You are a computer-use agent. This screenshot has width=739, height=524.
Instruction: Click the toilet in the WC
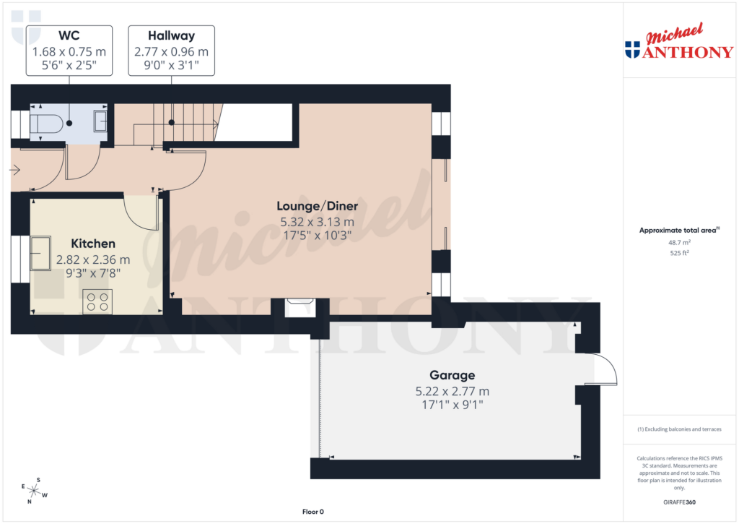tap(46, 124)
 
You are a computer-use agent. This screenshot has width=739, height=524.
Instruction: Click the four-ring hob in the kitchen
tap(98, 301)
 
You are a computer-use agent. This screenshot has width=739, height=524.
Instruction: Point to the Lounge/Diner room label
tap(318, 207)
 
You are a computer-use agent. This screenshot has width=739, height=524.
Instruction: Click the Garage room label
tap(452, 375)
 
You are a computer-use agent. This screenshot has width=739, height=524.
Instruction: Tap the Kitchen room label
tap(93, 244)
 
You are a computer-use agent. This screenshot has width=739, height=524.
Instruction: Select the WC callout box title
tap(69, 35)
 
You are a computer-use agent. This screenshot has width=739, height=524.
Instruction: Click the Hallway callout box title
tap(171, 35)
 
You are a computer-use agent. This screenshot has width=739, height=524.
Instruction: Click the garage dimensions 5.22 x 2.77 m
tap(452, 391)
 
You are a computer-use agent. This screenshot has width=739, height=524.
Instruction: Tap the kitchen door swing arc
tap(141, 213)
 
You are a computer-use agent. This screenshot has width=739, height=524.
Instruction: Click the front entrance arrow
tap(15, 171)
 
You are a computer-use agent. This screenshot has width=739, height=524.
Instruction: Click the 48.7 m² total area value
tap(679, 243)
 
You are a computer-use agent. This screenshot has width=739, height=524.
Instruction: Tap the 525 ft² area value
tap(679, 254)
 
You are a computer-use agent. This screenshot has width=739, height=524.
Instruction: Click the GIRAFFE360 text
tap(679, 502)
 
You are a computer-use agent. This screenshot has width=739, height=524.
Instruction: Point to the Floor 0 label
tap(313, 512)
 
